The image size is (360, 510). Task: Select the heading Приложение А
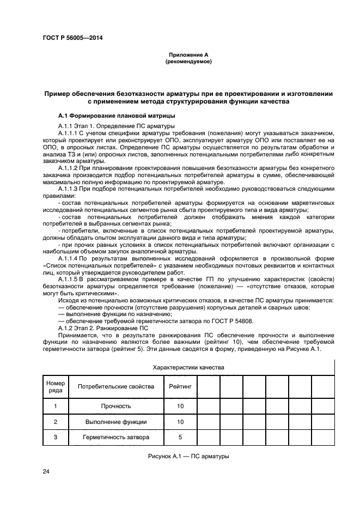point(188,54)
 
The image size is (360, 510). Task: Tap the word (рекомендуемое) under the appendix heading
point(188,62)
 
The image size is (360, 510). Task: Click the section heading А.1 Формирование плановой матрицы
point(117,116)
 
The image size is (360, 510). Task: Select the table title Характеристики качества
point(188,368)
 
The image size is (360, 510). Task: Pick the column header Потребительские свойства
point(116,386)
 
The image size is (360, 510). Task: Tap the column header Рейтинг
point(180,386)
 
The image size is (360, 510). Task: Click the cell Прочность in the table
point(116,406)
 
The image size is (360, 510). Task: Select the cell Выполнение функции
point(116,422)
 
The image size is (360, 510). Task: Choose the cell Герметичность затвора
point(116,437)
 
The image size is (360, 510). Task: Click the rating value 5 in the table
point(180,437)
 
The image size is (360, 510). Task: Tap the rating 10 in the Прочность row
point(180,406)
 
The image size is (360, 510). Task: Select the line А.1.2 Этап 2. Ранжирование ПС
point(103,329)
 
